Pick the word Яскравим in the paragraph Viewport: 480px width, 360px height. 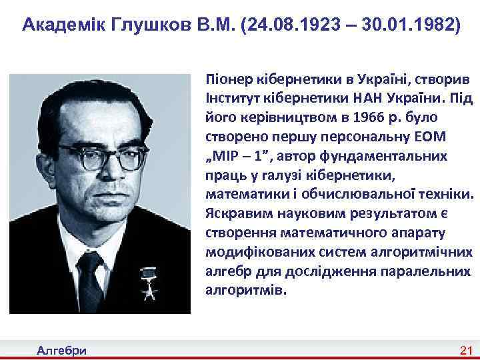tap(237, 216)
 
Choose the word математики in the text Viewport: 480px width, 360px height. tap(243, 198)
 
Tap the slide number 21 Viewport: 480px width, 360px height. tap(465, 351)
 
